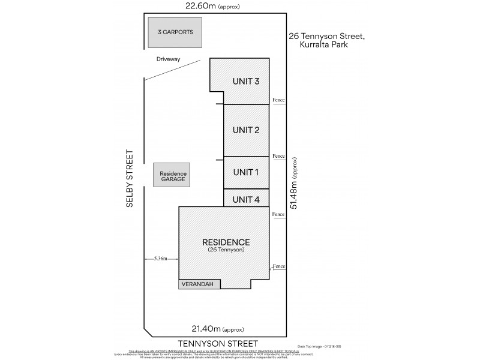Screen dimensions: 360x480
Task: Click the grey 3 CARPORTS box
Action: [175, 32]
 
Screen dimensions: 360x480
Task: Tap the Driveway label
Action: [169, 59]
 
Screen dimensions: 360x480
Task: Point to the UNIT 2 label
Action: [245, 130]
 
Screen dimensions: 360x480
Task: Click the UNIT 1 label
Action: [245, 173]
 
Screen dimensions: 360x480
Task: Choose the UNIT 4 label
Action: [245, 199]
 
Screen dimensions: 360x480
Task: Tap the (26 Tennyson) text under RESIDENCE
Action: [226, 250]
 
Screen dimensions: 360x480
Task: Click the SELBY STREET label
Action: [129, 178]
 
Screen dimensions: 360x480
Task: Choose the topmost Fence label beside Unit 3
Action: [278, 99]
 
